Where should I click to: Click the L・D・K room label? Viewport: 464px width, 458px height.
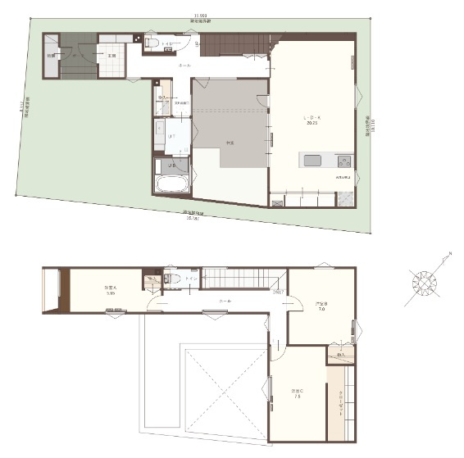coord(312,120)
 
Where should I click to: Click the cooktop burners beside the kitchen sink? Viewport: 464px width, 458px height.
coord(344,161)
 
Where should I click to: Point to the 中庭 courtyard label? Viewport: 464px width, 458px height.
coord(232,143)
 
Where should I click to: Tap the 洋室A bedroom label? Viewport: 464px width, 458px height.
coord(109,289)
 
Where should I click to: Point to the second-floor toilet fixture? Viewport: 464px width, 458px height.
coord(173,279)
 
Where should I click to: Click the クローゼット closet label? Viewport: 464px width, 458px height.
coord(341,401)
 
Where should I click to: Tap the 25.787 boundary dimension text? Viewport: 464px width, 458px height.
coord(193,218)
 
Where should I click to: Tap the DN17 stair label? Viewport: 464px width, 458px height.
coord(278,291)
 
